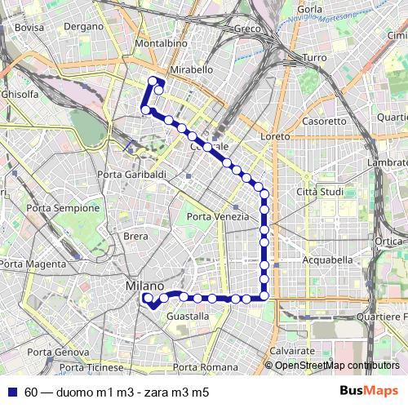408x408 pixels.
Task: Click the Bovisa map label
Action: (29, 27)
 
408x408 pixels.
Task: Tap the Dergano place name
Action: (83, 27)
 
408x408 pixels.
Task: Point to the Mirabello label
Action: (192, 70)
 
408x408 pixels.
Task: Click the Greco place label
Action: (246, 29)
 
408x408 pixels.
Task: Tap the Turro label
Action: (314, 58)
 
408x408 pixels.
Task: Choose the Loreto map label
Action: (275, 137)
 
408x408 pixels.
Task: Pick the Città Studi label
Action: (317, 191)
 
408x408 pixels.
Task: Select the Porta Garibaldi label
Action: (131, 175)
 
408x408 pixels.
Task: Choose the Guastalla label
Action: (188, 316)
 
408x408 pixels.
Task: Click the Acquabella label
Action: (326, 259)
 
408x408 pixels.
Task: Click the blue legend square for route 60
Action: (11, 392)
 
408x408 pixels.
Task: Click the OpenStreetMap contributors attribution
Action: (337, 365)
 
